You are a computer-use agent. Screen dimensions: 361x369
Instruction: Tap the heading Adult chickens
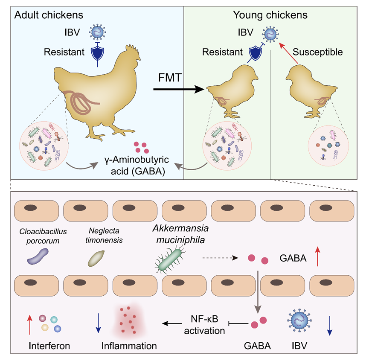[49, 15]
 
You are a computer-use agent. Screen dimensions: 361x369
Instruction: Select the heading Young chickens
[270, 15]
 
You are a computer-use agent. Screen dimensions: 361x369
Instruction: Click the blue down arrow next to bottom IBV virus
[329, 325]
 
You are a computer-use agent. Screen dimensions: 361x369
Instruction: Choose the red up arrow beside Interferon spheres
[29, 325]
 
